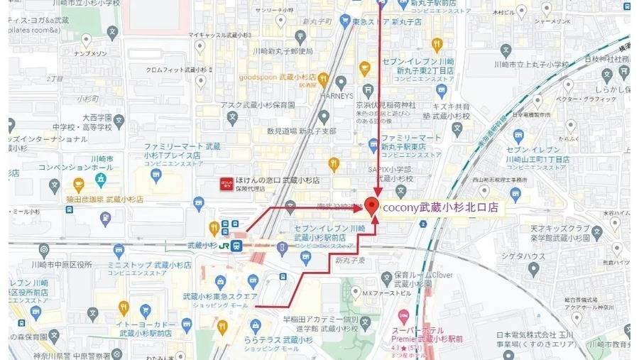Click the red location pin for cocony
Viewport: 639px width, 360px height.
376,205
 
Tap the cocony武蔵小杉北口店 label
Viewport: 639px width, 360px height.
440,208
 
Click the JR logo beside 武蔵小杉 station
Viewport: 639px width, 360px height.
225,245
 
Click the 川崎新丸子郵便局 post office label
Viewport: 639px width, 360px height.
283,51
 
